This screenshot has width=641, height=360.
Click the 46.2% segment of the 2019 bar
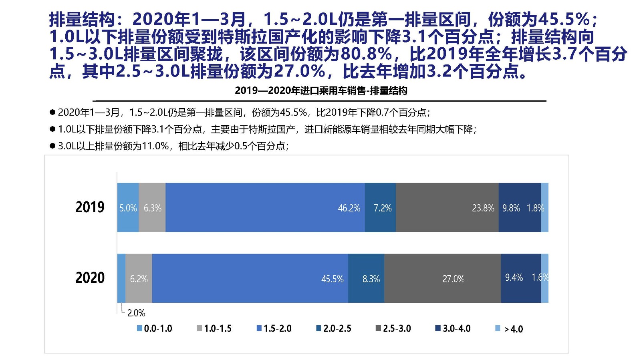click(x=265, y=207)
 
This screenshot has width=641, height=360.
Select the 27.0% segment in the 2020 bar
click(x=442, y=278)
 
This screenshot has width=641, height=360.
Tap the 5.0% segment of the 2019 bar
click(x=128, y=207)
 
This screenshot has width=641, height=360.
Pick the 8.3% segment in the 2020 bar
click(x=366, y=278)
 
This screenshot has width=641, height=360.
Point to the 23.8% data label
click(x=483, y=208)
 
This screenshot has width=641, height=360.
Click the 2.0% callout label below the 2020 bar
click(x=136, y=313)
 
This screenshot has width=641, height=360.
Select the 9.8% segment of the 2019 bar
click(x=519, y=207)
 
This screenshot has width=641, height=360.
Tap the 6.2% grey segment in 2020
click(x=139, y=278)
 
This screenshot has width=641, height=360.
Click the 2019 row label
click(x=90, y=207)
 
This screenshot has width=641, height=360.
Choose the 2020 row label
click(x=90, y=278)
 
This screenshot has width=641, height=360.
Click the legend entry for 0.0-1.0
click(x=154, y=329)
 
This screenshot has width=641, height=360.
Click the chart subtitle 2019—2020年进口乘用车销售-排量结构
click(x=321, y=91)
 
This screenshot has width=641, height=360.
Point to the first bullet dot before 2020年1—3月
click(x=52, y=112)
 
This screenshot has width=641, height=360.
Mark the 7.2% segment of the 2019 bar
click(x=380, y=207)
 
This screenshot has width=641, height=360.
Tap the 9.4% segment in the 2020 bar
click(x=520, y=278)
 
